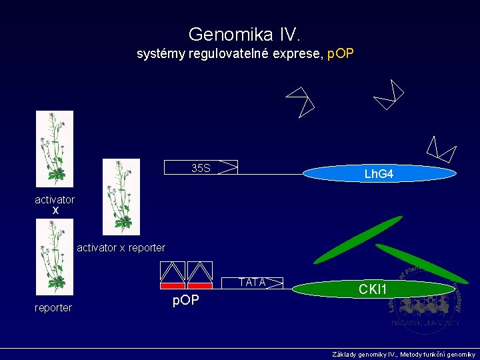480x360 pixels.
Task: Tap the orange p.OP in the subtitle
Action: [339, 53]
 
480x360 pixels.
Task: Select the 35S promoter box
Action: [201, 168]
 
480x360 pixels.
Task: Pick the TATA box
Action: [253, 283]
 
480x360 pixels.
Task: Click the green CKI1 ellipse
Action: [372, 289]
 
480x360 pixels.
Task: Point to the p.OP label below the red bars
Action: [186, 300]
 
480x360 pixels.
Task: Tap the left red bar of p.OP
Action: [173, 285]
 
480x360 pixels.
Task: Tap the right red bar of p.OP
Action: [200, 285]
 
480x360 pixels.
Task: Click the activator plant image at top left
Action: [55, 149]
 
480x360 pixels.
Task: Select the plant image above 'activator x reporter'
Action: [121, 197]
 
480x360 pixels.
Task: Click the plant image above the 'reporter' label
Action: [55, 257]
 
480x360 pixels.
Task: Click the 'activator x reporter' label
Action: [121, 248]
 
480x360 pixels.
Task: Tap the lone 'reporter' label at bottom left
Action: [53, 307]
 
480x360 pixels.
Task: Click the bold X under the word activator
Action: [55, 211]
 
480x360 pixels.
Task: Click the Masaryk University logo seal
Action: [425, 300]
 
